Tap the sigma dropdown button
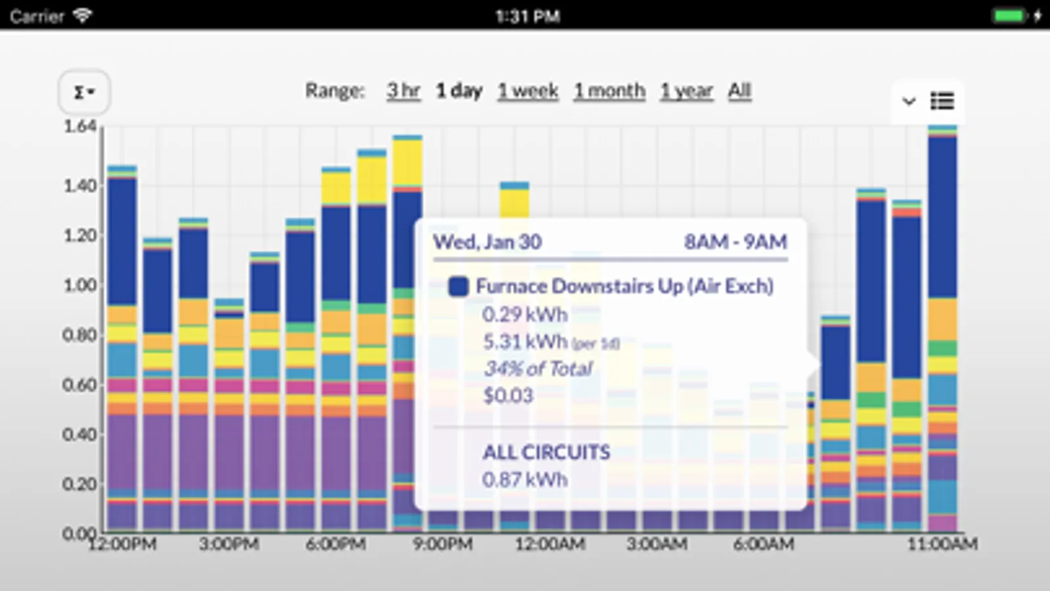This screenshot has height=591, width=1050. (83, 92)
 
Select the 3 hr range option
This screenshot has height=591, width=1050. (403, 91)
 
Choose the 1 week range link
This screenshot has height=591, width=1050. (527, 91)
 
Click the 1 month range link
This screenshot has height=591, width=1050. (609, 91)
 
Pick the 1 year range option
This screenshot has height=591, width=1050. (686, 91)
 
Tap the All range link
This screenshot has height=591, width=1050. (739, 91)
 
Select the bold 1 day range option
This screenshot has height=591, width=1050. (459, 91)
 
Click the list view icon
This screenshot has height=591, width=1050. (942, 101)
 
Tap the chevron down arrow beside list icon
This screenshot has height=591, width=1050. (909, 101)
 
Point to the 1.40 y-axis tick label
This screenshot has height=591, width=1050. (80, 186)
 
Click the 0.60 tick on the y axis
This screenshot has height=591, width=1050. (80, 385)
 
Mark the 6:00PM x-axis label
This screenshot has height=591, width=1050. (336, 544)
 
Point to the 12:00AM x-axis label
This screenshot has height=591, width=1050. (550, 544)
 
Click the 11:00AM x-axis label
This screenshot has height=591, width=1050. (942, 544)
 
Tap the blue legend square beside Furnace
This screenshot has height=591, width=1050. (458, 286)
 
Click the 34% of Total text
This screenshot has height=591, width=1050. (538, 368)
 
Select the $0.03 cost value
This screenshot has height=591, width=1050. (508, 395)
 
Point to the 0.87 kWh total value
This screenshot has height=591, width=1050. (525, 479)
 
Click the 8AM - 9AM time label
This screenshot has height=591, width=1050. (735, 242)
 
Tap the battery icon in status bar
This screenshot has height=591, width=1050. (1009, 15)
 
